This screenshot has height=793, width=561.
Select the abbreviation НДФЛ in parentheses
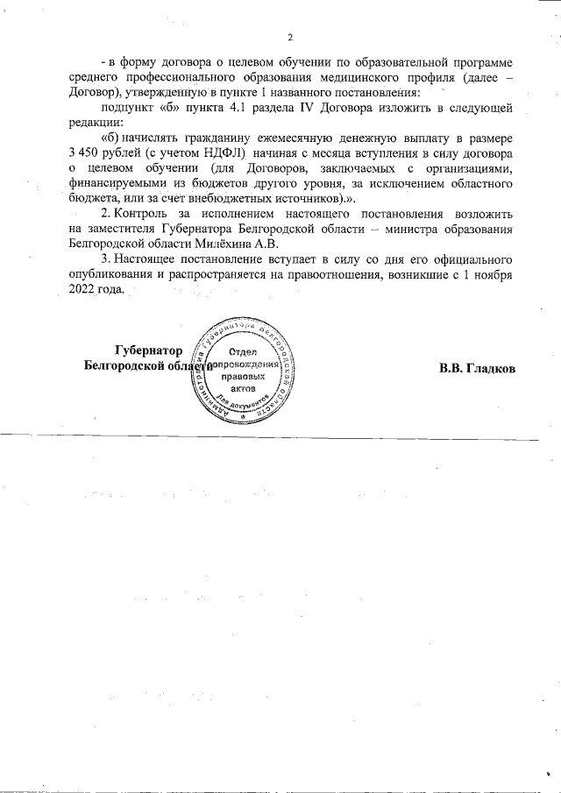pyautogui.click(x=221, y=153)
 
